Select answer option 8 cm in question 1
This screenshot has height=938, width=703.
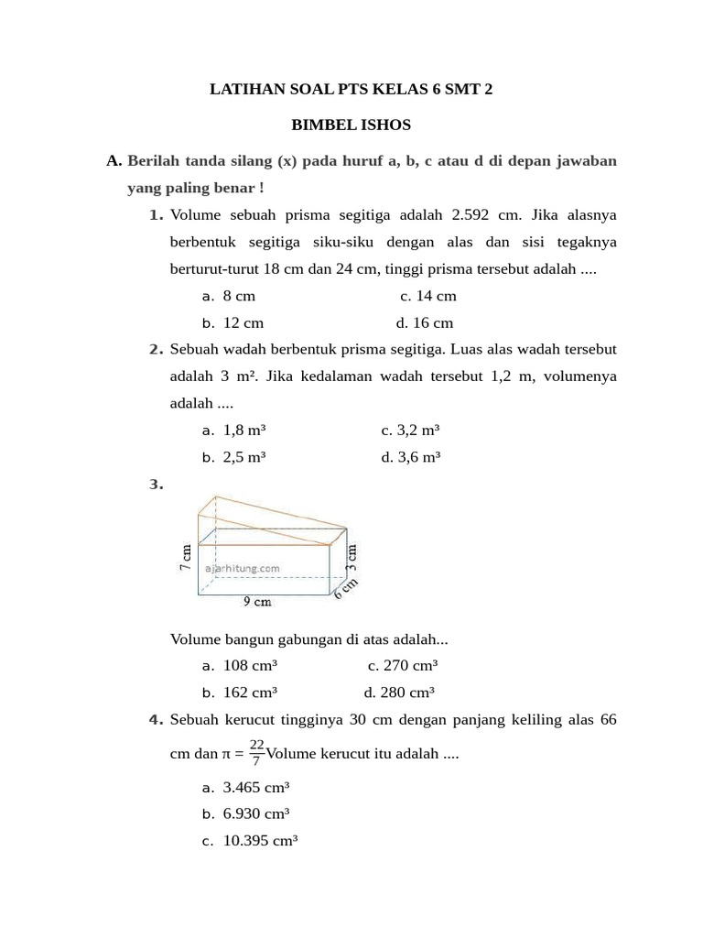[x=239, y=296]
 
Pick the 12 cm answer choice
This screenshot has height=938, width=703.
[x=243, y=322]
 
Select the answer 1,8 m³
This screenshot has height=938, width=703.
[x=244, y=430]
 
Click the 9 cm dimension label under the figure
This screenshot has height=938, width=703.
[x=256, y=602]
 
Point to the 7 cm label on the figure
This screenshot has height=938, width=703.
[x=187, y=557]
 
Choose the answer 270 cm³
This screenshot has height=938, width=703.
[x=411, y=666]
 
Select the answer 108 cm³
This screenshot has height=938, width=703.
[x=250, y=666]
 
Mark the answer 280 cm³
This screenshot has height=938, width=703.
[x=407, y=693]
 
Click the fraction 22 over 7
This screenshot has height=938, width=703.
[x=256, y=753]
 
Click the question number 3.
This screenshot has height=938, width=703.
[x=156, y=485]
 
